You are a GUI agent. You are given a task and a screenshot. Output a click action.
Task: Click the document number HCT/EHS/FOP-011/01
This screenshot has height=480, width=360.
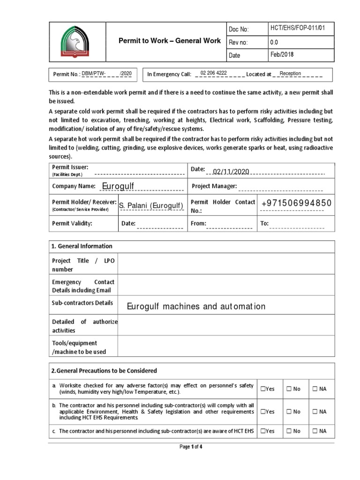click(x=297, y=29)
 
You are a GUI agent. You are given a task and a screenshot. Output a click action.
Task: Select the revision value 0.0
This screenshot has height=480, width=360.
click(x=274, y=42)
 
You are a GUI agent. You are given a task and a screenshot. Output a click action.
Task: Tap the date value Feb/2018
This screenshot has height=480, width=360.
click(x=282, y=55)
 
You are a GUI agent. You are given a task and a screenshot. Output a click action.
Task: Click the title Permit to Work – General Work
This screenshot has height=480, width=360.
click(x=169, y=41)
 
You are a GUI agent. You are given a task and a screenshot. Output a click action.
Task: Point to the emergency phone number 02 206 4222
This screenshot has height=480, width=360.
click(x=213, y=74)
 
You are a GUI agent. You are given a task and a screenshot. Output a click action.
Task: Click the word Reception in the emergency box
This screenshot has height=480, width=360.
click(x=290, y=74)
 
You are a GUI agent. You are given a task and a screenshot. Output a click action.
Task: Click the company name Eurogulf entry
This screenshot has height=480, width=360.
click(x=118, y=187)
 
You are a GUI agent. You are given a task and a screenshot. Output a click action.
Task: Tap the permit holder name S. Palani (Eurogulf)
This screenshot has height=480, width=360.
click(x=150, y=205)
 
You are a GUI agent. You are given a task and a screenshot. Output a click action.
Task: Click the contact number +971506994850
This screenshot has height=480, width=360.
click(x=296, y=203)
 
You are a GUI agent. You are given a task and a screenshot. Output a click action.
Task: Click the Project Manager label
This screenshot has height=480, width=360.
click(x=214, y=187)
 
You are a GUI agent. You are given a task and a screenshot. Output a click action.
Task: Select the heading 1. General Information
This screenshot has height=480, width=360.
click(x=82, y=246)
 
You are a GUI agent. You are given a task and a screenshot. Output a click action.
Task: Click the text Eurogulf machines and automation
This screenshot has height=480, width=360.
click(x=196, y=307)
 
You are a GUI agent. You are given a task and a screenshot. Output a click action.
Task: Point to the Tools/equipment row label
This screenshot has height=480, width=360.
click(x=75, y=347)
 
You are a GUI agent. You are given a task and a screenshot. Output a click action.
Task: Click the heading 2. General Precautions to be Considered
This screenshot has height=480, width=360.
click(x=104, y=371)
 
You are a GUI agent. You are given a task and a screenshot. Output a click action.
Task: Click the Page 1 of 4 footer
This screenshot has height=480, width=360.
click(x=191, y=447)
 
